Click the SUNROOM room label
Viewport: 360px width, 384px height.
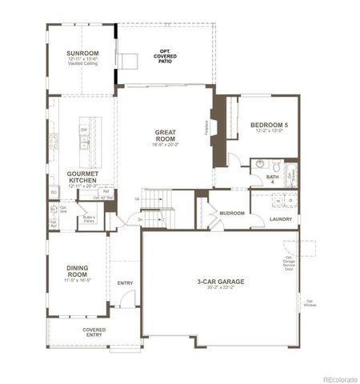pyautogui.click(x=82, y=53)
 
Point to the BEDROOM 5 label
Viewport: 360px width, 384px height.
pyautogui.click(x=269, y=126)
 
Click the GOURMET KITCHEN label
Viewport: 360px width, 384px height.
pyautogui.click(x=82, y=177)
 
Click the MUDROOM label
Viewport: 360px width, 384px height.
pyautogui.click(x=233, y=213)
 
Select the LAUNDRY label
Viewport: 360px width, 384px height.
pyautogui.click(x=281, y=218)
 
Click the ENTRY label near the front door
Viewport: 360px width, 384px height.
pyautogui.click(x=125, y=282)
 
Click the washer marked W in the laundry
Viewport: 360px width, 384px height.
pyautogui.click(x=278, y=201)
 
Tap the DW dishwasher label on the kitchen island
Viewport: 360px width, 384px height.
pyautogui.click(x=84, y=129)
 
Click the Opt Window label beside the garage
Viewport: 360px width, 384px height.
pyautogui.click(x=309, y=303)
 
